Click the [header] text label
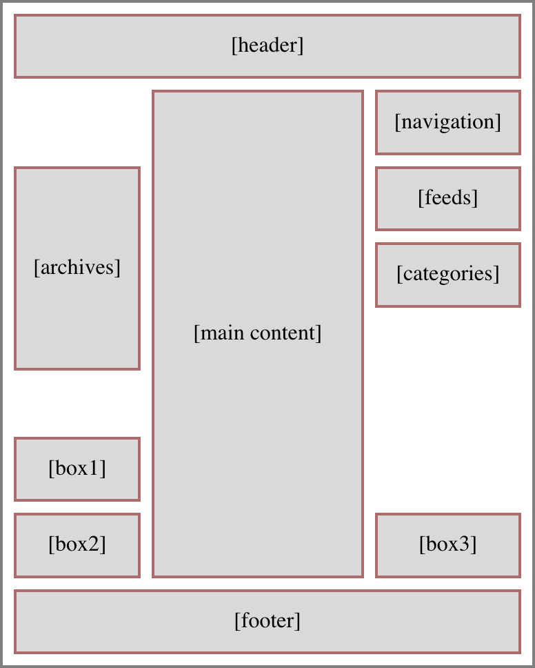click(x=267, y=46)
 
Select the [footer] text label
click(x=267, y=621)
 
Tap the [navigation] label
click(x=447, y=122)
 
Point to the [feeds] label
click(x=447, y=198)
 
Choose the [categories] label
click(x=447, y=274)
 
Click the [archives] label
click(x=77, y=268)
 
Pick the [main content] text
click(x=257, y=333)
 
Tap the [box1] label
click(x=77, y=469)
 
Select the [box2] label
click(x=77, y=544)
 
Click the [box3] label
click(x=447, y=544)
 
